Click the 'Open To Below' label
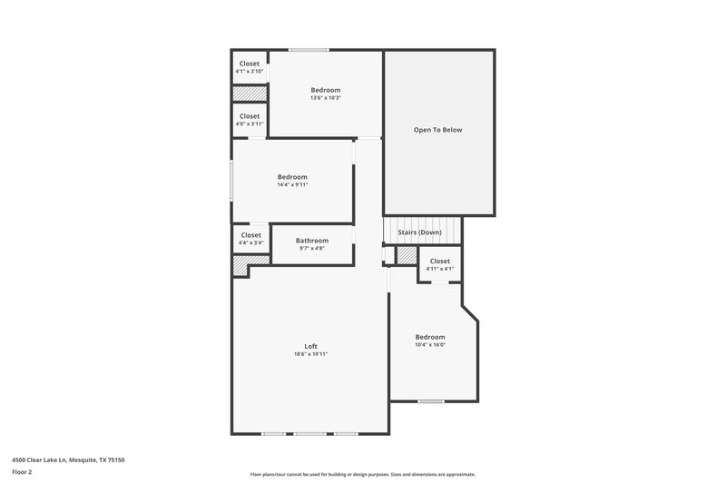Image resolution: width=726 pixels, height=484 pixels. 438,130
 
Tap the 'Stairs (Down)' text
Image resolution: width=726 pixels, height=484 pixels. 419,232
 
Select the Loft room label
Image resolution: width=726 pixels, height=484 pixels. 310,345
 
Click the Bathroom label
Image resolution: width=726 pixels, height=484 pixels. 312,241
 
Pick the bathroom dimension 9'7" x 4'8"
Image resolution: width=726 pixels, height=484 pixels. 312,249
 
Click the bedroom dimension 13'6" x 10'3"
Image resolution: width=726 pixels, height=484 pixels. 325,98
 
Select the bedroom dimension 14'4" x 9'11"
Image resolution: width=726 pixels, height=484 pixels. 292,185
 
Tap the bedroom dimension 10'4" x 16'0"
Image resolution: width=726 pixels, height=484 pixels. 430,345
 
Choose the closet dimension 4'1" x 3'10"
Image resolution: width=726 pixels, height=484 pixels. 250,72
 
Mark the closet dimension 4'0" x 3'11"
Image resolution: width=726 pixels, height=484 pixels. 250,124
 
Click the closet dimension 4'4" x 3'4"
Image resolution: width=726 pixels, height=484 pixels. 250,243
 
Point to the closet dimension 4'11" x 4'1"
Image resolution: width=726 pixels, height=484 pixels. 439,270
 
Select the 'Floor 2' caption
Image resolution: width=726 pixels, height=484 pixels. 23,473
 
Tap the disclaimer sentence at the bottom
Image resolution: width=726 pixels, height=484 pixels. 362,474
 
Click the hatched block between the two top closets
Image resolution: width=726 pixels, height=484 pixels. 250,94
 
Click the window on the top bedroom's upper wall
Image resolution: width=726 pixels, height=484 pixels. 309,50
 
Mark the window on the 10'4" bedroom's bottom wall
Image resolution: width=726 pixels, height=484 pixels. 430,400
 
